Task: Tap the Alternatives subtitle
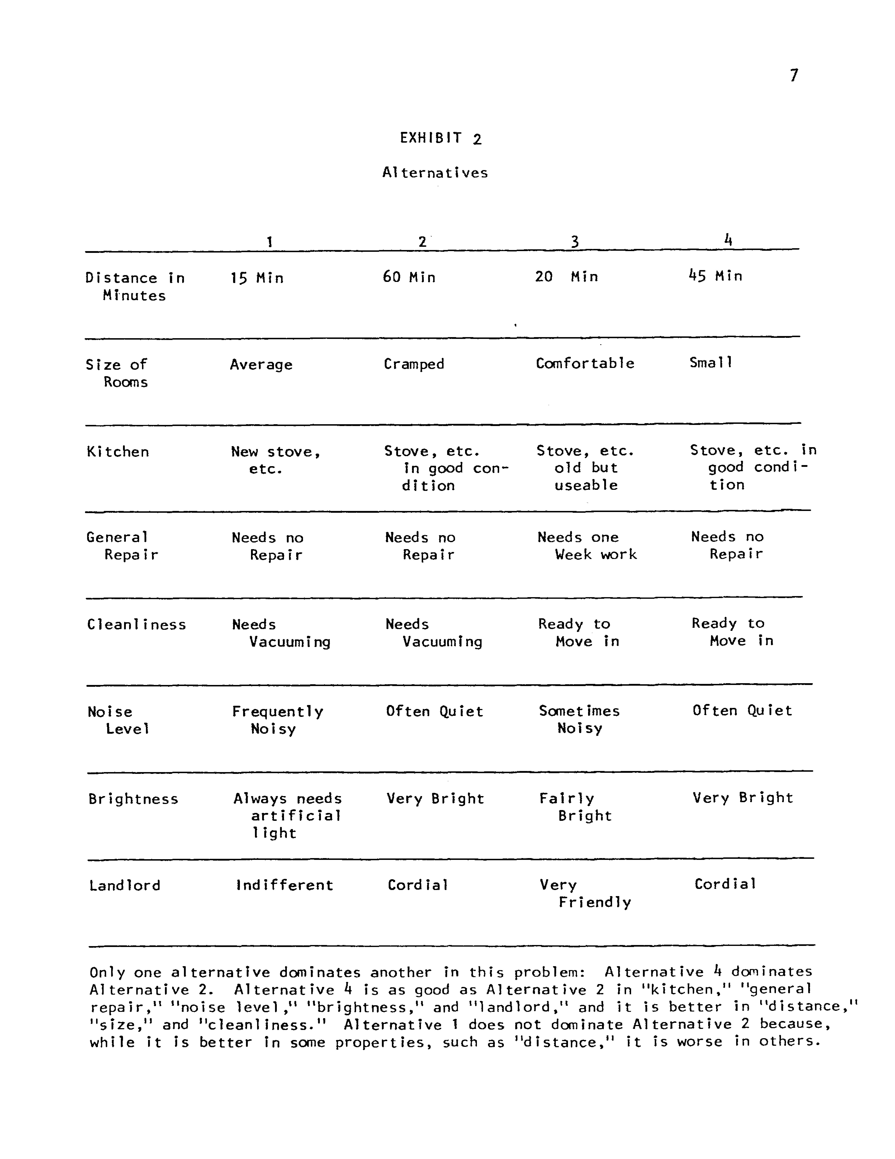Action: click(x=435, y=172)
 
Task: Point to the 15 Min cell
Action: click(x=257, y=278)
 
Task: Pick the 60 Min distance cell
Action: click(x=409, y=277)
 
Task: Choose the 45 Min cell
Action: click(x=715, y=276)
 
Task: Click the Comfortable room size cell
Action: click(x=584, y=363)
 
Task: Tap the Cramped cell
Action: click(x=414, y=364)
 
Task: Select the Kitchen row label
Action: click(x=118, y=452)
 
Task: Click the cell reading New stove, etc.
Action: click(x=275, y=460)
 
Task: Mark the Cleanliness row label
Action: click(x=136, y=625)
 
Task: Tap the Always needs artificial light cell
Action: click(x=287, y=816)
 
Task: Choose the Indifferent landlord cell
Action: click(x=285, y=885)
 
